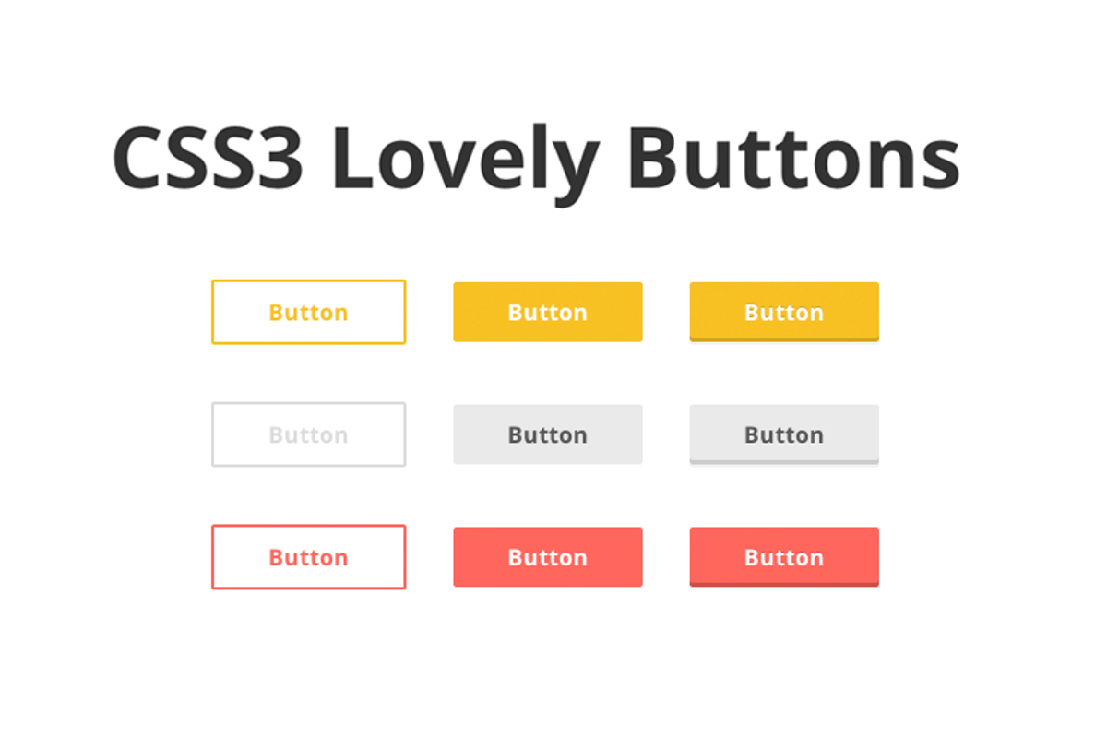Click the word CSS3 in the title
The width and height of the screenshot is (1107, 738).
pyautogui.click(x=208, y=157)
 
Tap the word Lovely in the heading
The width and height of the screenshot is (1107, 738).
pyautogui.click(x=465, y=163)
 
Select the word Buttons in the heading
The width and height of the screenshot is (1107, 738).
pyautogui.click(x=793, y=157)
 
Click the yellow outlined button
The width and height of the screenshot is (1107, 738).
pyautogui.click(x=309, y=312)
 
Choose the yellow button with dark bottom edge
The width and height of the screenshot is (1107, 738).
pyautogui.click(x=784, y=312)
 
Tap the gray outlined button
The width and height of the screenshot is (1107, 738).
pyautogui.click(x=309, y=434)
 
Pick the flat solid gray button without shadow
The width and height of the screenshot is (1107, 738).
pyautogui.click(x=548, y=434)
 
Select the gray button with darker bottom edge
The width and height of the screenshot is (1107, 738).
pyautogui.click(x=784, y=434)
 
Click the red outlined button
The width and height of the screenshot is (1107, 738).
pyautogui.click(x=309, y=557)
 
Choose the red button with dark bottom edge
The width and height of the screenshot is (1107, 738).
pyautogui.click(x=784, y=557)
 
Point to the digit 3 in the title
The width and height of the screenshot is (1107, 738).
pyautogui.click(x=280, y=157)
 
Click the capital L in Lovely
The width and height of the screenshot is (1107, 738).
pyautogui.click(x=352, y=157)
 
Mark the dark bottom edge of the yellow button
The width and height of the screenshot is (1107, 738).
pyautogui.click(x=784, y=339)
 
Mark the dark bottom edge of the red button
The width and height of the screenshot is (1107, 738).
pyautogui.click(x=784, y=585)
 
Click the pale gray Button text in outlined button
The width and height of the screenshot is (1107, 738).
pyautogui.click(x=308, y=435)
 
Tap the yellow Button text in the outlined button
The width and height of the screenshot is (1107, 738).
pyautogui.click(x=308, y=313)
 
